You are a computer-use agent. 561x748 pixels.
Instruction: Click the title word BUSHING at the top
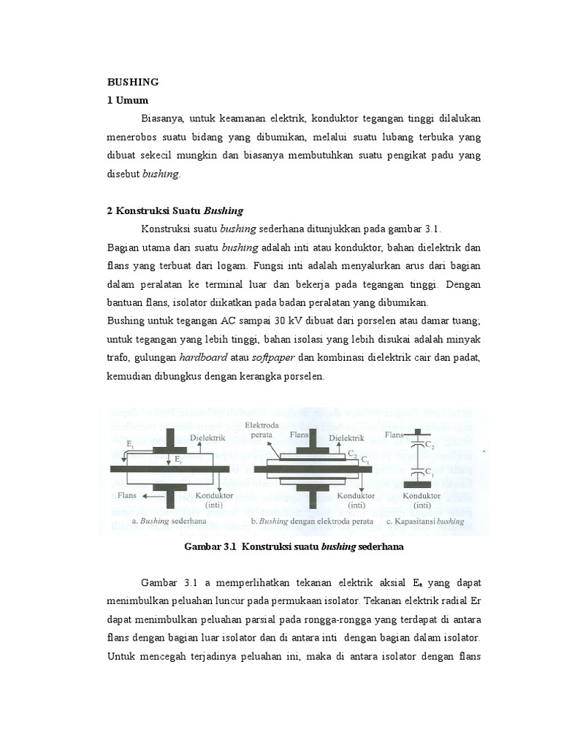pyautogui.click(x=133, y=82)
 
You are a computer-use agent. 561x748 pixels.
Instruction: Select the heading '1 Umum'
pyautogui.click(x=129, y=100)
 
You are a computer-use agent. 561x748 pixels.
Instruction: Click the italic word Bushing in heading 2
pyautogui.click(x=223, y=210)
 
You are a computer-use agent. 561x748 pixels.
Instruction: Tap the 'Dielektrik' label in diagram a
pyautogui.click(x=207, y=437)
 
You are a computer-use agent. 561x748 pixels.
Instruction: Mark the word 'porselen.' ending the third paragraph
pyautogui.click(x=303, y=377)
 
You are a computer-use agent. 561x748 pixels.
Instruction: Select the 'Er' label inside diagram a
pyautogui.click(x=180, y=459)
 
